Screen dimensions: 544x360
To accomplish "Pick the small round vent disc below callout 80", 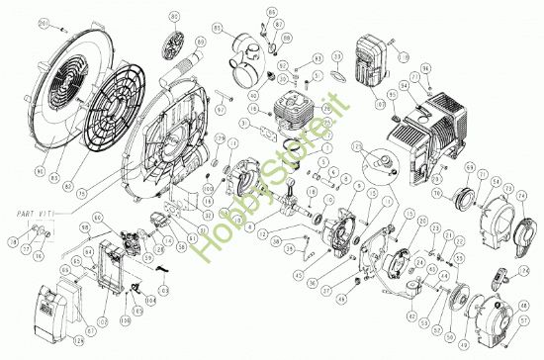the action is point(175,46).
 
